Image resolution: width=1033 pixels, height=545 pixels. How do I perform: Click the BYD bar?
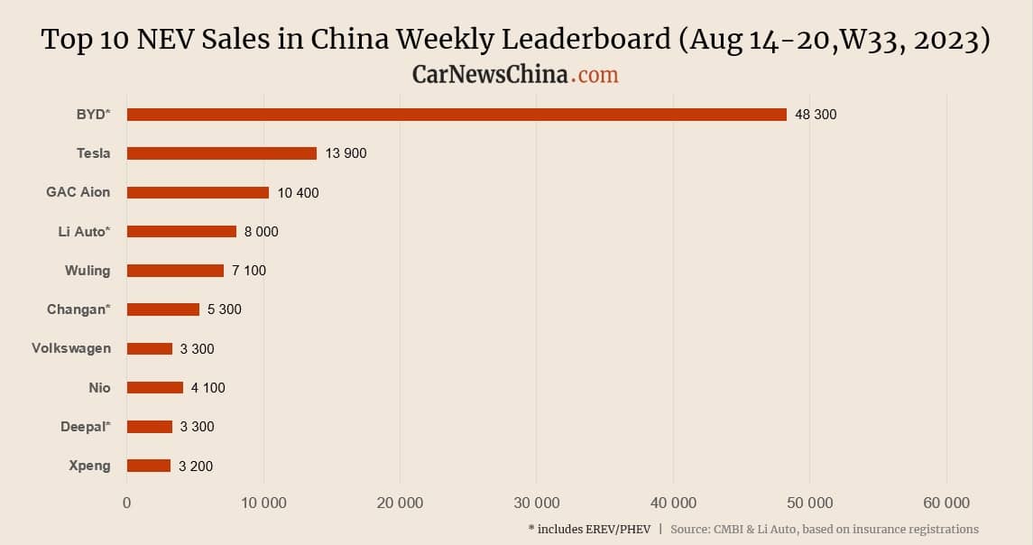pyautogui.click(x=457, y=115)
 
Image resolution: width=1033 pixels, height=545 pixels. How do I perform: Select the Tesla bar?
pyautogui.click(x=222, y=153)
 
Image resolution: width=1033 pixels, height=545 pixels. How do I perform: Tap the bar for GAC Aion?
pyautogui.click(x=198, y=192)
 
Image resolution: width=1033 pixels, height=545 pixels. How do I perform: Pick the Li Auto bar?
pyautogui.click(x=181, y=231)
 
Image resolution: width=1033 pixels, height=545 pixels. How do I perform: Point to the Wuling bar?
pyautogui.click(x=175, y=271)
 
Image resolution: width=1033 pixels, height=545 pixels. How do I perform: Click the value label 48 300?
pyautogui.click(x=816, y=115)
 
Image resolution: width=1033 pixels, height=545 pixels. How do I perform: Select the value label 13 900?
pyautogui.click(x=346, y=153)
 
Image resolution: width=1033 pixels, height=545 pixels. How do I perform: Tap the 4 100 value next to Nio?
pyautogui.click(x=208, y=388)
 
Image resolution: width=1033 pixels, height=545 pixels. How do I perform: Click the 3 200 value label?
pyautogui.click(x=196, y=466)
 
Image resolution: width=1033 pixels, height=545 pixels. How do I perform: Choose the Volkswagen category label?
pyautogui.click(x=71, y=348)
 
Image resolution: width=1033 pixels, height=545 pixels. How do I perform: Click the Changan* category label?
pyautogui.click(x=78, y=309)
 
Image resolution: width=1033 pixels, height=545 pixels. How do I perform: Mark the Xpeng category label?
pyautogui.click(x=89, y=466)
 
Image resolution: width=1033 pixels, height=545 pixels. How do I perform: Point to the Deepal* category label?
pyautogui.click(x=85, y=427)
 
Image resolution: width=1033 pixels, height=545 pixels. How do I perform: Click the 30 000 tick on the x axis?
pyautogui.click(x=536, y=503)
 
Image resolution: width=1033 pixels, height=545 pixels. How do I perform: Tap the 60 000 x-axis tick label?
pyautogui.click(x=945, y=503)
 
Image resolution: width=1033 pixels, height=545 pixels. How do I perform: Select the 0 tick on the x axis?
pyautogui.click(x=127, y=503)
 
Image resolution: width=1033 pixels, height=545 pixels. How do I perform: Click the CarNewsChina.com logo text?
pyautogui.click(x=515, y=74)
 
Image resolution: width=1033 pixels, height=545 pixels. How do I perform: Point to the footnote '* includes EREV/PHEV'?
pyautogui.click(x=589, y=529)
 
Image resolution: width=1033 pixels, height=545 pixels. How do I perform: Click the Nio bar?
pyautogui.click(x=155, y=388)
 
